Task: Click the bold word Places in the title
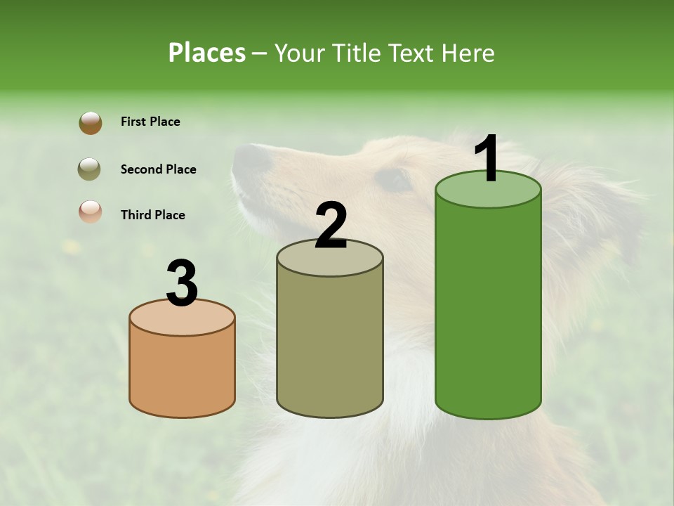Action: click(207, 53)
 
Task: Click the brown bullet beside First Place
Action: click(90, 122)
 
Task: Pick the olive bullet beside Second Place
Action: click(90, 169)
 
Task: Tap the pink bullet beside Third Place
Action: click(90, 212)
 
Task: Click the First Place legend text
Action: click(150, 122)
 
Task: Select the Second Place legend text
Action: click(158, 169)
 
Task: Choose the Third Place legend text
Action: click(152, 215)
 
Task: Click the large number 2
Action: click(331, 226)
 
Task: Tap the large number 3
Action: click(182, 284)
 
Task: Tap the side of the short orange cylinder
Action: click(182, 372)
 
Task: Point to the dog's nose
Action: click(249, 158)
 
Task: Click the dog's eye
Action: click(394, 179)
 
